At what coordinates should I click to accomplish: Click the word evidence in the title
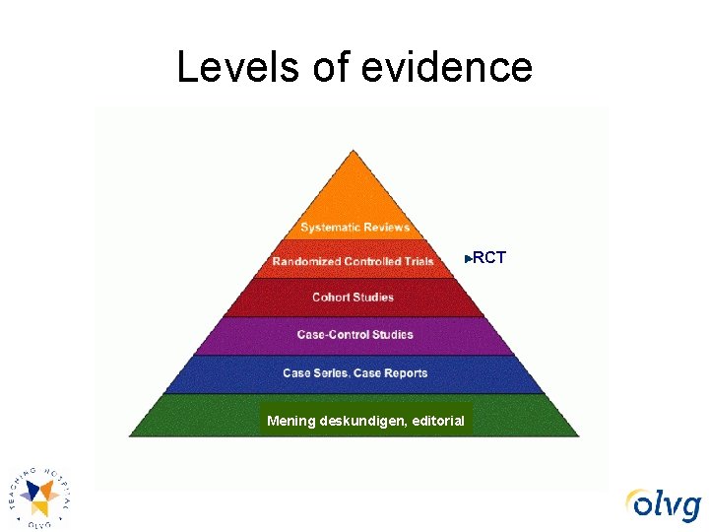447,67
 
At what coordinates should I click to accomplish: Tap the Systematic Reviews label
354,228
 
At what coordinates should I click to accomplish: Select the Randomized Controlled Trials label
353,261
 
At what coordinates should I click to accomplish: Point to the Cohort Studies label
353,298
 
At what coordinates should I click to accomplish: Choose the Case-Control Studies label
354,335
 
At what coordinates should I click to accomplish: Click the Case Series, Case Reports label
354,373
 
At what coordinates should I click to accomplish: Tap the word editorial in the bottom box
433,421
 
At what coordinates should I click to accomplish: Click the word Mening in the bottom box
291,421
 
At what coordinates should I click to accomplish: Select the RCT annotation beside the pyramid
489,258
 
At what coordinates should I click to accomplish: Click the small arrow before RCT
468,259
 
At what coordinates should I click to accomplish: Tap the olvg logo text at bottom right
665,504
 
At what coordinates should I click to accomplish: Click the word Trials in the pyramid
417,261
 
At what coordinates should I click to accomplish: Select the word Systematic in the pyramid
329,228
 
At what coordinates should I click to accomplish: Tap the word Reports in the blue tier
405,373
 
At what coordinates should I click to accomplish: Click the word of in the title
334,67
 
